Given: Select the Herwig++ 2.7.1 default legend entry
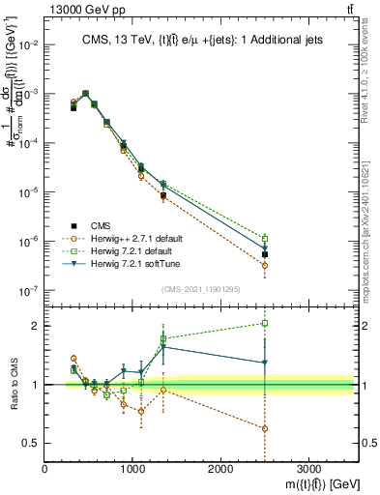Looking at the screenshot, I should click(140, 237).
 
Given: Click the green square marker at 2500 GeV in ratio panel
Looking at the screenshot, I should click(265, 323).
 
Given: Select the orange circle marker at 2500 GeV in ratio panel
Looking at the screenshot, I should click(265, 428).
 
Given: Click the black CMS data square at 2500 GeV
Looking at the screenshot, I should click(265, 254).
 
